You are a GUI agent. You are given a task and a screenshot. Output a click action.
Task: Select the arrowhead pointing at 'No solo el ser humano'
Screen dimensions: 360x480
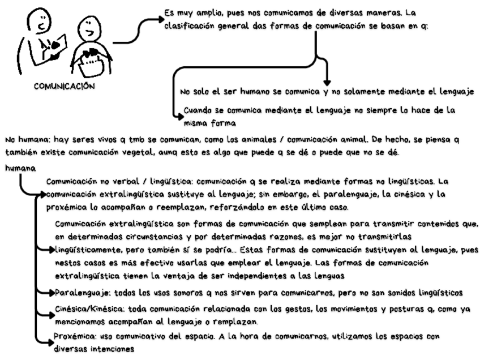326,80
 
